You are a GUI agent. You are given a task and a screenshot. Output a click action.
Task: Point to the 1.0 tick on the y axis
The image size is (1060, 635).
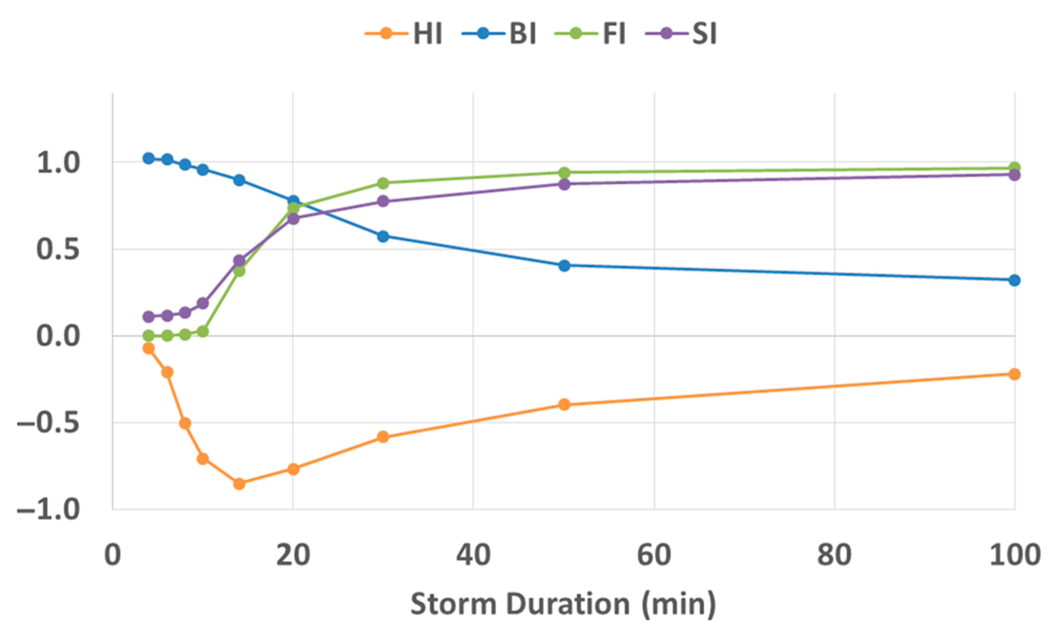pos(58,163)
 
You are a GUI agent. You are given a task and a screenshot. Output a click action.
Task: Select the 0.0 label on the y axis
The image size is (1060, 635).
pos(58,336)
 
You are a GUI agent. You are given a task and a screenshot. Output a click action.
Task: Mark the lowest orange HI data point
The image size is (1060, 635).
pos(239,484)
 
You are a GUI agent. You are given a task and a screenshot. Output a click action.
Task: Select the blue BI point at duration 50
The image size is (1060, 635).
pos(564,265)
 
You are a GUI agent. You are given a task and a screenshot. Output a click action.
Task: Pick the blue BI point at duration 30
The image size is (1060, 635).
pos(383,236)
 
